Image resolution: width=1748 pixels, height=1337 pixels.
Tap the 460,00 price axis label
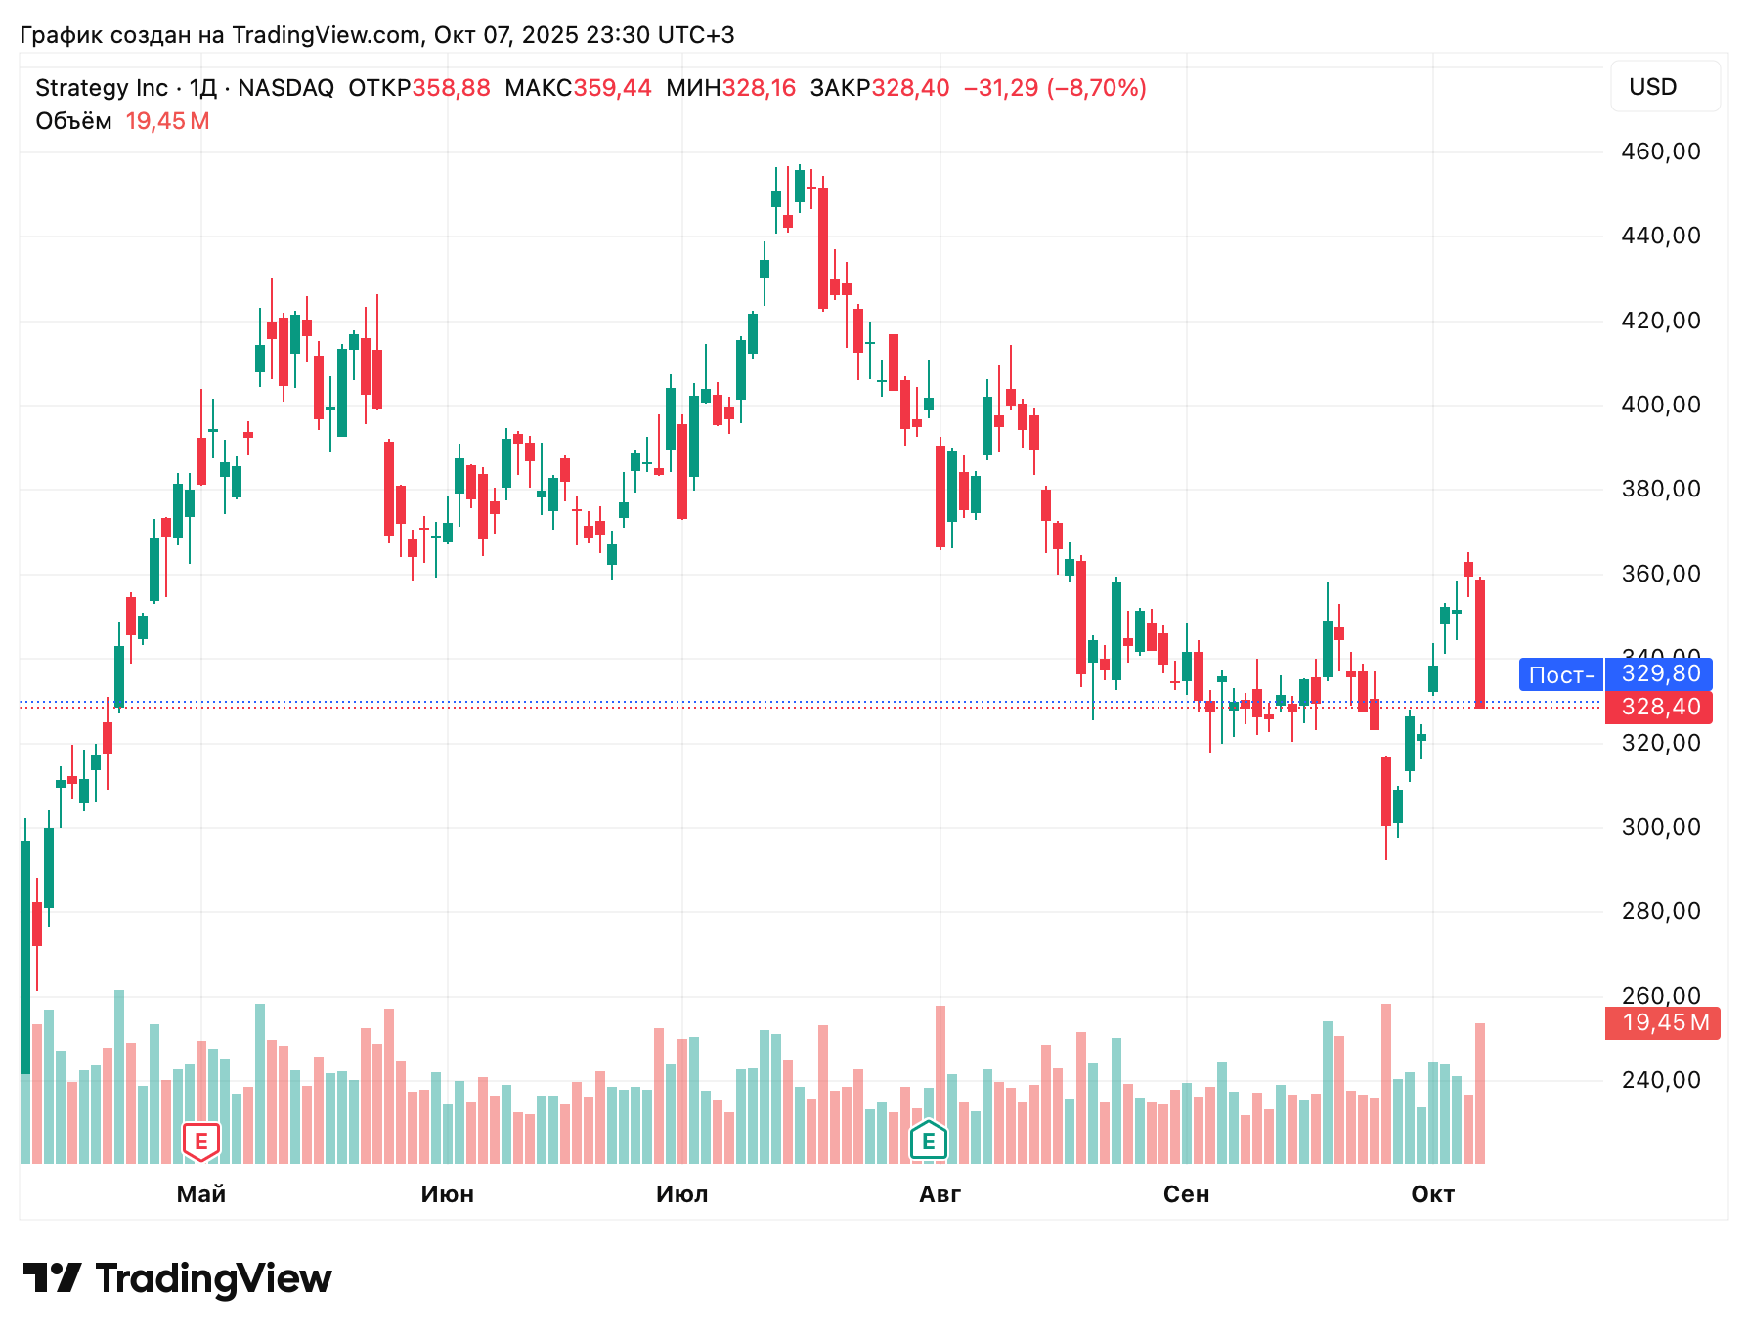(x=1661, y=151)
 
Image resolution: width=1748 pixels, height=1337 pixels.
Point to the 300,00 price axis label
(x=1661, y=827)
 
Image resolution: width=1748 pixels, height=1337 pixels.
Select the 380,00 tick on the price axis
(x=1661, y=489)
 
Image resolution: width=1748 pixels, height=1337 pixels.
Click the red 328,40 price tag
(x=1659, y=707)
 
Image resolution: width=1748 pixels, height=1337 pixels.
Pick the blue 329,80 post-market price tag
(x=1659, y=673)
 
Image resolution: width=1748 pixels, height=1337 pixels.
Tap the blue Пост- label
(x=1561, y=674)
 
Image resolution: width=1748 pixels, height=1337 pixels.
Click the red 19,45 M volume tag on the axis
(x=1663, y=1022)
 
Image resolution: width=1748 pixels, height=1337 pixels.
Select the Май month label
(x=201, y=1194)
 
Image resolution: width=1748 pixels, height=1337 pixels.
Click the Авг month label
(x=940, y=1194)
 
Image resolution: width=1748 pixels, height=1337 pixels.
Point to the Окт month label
(x=1433, y=1194)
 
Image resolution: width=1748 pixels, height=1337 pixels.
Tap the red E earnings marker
(x=201, y=1141)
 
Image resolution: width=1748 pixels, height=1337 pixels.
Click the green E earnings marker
(x=929, y=1140)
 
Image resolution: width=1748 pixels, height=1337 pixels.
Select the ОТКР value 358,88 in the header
(x=451, y=88)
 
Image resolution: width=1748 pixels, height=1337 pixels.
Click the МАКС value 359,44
(x=612, y=88)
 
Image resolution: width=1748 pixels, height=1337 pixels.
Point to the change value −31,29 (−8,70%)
(x=1055, y=88)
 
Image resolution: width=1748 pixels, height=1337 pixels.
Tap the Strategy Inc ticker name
(x=102, y=88)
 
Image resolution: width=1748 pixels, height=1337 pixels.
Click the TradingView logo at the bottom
(x=177, y=1278)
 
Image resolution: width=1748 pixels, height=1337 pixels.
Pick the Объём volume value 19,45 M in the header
(x=168, y=121)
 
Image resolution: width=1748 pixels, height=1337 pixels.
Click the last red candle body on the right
(x=1480, y=643)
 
